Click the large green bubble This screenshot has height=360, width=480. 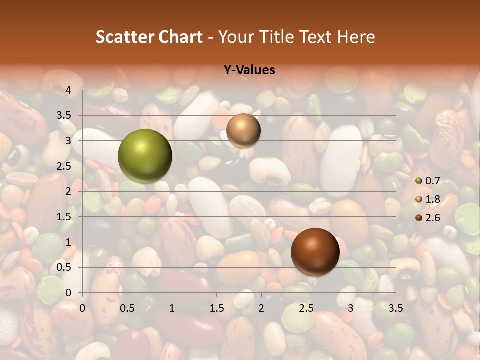[x=145, y=156]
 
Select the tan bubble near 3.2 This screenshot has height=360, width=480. [x=243, y=130]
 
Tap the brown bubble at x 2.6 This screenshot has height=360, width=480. [x=315, y=252]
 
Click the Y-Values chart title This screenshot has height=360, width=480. [x=249, y=70]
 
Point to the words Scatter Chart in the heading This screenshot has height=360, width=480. [x=149, y=37]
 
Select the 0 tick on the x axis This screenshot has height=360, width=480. [x=82, y=308]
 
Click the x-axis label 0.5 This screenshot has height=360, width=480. [x=127, y=308]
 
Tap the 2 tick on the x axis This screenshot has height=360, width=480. [x=261, y=308]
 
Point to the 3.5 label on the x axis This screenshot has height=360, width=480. [x=395, y=308]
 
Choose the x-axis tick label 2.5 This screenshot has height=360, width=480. [x=306, y=308]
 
